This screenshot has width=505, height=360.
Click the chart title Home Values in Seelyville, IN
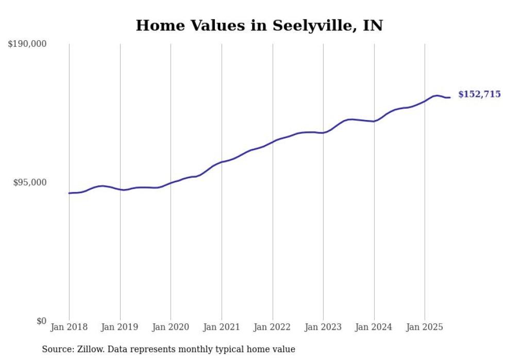259,25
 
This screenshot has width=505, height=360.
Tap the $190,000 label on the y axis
27,44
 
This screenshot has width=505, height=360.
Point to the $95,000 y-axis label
29,182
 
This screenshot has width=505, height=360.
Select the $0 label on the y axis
41,321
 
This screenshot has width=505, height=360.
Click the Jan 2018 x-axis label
69,327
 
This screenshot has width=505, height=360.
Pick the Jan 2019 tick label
120,327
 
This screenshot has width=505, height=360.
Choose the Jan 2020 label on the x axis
171,327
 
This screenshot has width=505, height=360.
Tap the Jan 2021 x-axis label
222,327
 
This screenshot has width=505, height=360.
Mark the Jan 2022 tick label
273,327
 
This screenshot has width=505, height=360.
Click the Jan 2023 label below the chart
323,327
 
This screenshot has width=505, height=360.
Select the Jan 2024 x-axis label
374,327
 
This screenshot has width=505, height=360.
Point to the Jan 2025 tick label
425,327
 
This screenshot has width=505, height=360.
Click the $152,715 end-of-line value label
479,94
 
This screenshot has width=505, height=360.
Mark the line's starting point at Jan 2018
69,193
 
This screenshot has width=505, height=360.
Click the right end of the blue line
450,97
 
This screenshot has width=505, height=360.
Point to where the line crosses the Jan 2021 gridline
222,162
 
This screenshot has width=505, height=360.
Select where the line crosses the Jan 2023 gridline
323,133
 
